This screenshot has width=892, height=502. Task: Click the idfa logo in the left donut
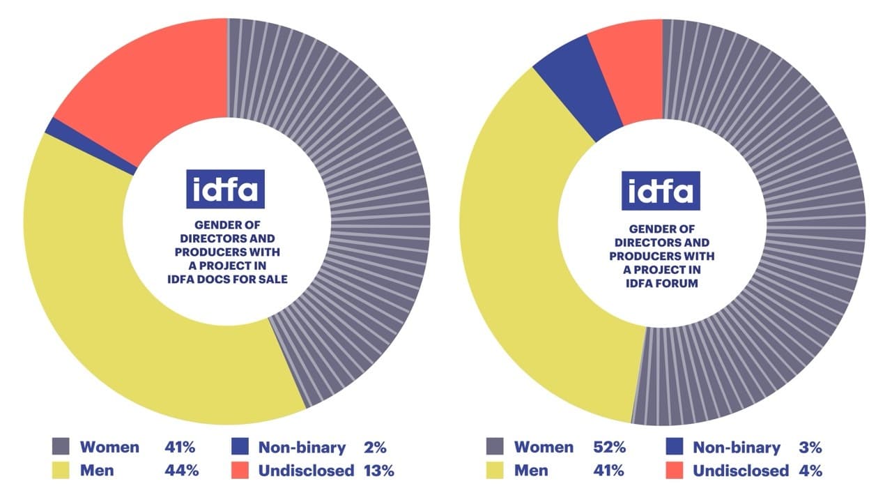(x=225, y=188)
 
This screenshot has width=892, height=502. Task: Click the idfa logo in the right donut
(x=661, y=190)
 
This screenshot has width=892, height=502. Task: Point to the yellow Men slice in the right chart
(x=530, y=279)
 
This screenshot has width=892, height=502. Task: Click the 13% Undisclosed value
(x=378, y=471)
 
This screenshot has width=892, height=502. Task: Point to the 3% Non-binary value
(x=810, y=448)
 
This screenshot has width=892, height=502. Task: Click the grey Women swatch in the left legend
(x=61, y=448)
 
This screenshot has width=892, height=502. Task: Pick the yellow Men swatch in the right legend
(x=495, y=471)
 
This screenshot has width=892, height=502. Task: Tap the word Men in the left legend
(x=96, y=471)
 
